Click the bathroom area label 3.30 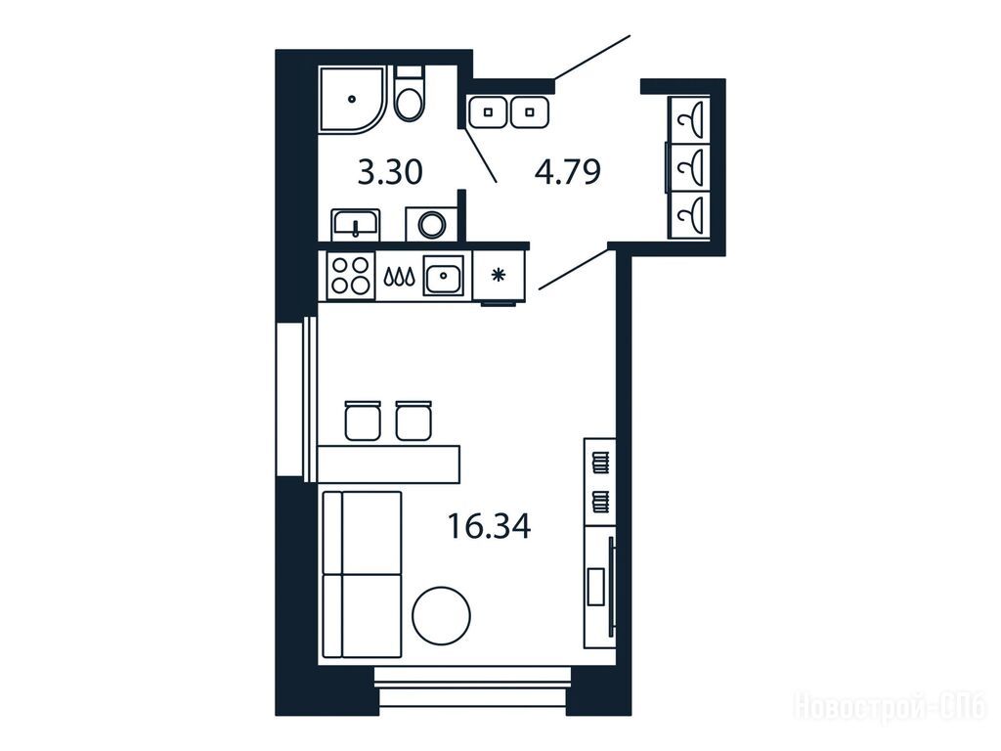coord(390,172)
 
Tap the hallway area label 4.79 coord(568,172)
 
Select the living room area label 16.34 coord(489,527)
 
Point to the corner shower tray coord(352,100)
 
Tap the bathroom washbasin coord(356,225)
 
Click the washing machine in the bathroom coord(432,224)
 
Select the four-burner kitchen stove coord(350,275)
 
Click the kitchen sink coord(445,275)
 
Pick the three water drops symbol coord(399,276)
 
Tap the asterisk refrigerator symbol coord(498,275)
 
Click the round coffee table coord(441,616)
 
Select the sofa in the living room coord(362,574)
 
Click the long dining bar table coord(389,464)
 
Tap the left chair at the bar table coord(363,420)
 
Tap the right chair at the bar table coord(413,420)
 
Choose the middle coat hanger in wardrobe coord(689,167)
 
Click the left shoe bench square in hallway coord(489,112)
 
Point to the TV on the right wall coord(612,587)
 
